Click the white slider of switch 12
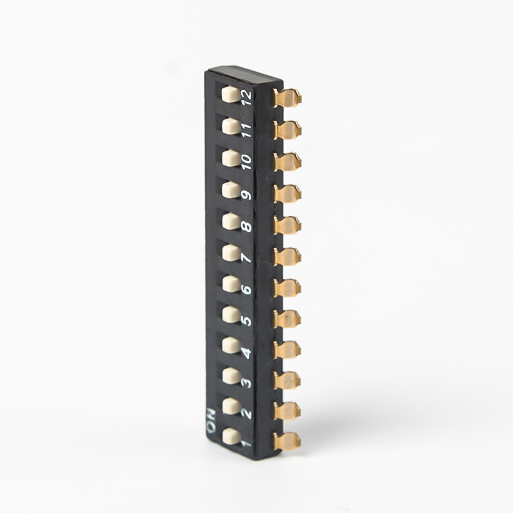[x=231, y=94]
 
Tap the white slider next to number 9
[x=231, y=190]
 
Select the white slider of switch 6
[x=231, y=283]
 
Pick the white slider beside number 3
[x=231, y=376]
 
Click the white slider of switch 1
[x=231, y=436]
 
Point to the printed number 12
[x=246, y=97]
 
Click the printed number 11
[x=246, y=130]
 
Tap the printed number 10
[x=246, y=162]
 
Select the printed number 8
[x=246, y=226]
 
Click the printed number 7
[x=246, y=257]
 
